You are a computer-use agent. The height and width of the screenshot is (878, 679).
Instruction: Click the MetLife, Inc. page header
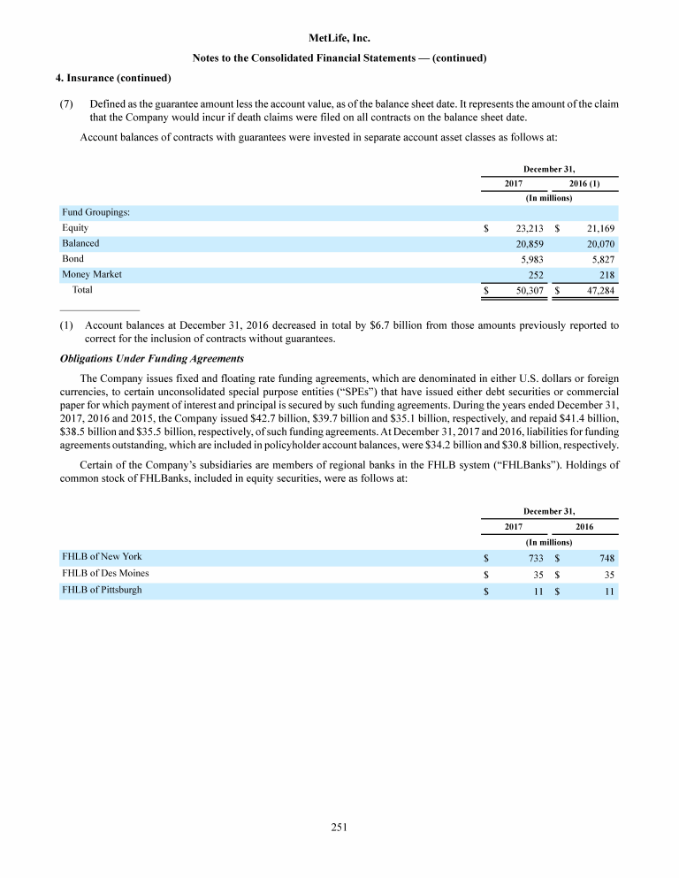click(x=340, y=39)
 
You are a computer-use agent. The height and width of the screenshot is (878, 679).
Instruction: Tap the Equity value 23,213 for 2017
click(x=529, y=227)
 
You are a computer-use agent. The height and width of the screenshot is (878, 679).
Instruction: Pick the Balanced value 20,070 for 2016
click(x=599, y=243)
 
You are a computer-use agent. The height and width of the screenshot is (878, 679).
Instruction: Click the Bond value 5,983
click(x=531, y=258)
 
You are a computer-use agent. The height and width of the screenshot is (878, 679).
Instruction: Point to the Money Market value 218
click(x=607, y=274)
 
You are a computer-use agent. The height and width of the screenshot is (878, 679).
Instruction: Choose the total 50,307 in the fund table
click(x=529, y=289)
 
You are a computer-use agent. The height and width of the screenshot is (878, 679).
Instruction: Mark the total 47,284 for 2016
click(x=599, y=289)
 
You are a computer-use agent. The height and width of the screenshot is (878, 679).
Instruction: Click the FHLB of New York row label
click(x=102, y=557)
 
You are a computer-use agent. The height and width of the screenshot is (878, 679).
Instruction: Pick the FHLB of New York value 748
click(x=607, y=557)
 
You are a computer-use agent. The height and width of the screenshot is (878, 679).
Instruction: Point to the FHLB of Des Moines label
click(x=105, y=574)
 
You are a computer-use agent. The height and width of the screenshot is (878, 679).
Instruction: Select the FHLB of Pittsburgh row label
click(x=102, y=590)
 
